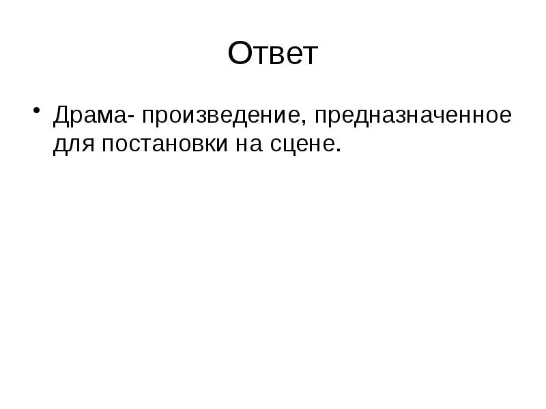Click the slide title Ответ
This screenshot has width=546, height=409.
(273, 55)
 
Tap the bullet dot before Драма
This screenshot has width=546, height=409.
(35, 109)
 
